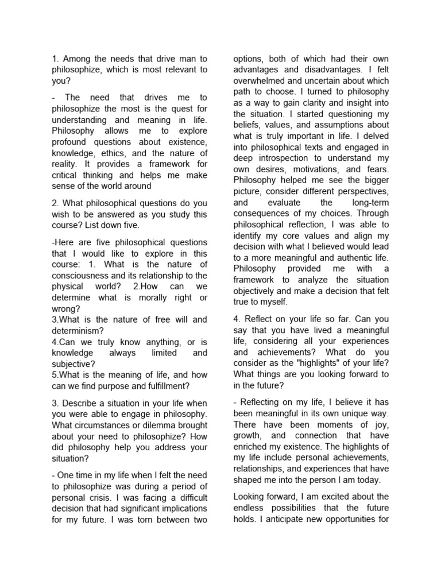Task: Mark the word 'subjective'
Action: (x=73, y=363)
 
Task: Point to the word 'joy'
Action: (x=381, y=424)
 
